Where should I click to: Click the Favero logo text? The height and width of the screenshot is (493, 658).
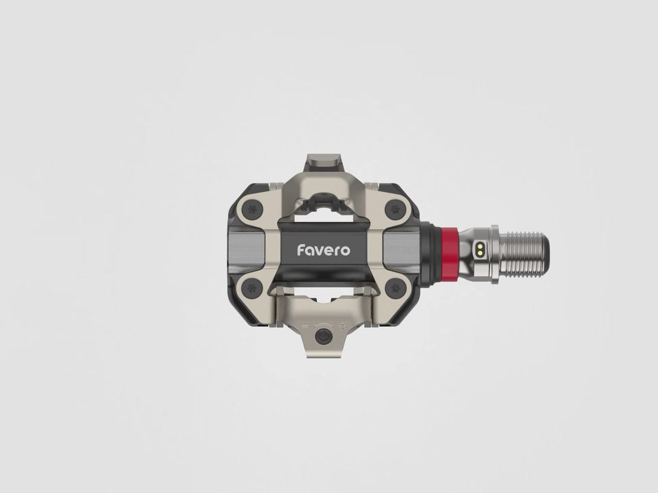tap(323, 249)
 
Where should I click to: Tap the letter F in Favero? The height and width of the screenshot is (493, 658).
tap(301, 249)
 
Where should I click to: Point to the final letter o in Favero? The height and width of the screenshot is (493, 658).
tap(345, 250)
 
